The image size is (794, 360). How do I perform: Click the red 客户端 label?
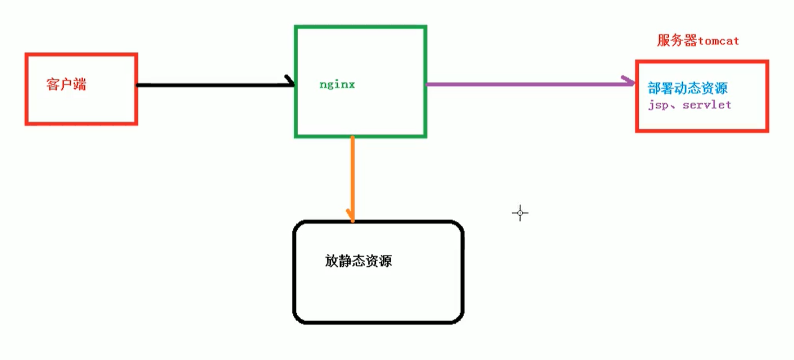(66, 85)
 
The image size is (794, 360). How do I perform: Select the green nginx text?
(337, 85)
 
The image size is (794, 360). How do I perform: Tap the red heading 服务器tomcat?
(698, 40)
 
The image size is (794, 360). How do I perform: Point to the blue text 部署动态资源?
(688, 89)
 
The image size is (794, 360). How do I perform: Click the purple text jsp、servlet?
(689, 105)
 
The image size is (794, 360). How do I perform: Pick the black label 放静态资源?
(358, 261)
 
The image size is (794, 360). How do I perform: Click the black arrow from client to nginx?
(214, 85)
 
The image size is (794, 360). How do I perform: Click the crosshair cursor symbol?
(520, 213)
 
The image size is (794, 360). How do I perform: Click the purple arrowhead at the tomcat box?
(628, 82)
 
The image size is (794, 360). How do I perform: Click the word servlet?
(707, 105)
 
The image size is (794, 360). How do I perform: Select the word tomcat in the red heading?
(719, 41)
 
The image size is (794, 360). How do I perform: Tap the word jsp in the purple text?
(656, 106)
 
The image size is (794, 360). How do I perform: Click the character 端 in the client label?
(80, 85)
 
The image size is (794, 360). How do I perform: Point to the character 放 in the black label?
(331, 261)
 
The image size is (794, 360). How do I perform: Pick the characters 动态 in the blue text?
(687, 89)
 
